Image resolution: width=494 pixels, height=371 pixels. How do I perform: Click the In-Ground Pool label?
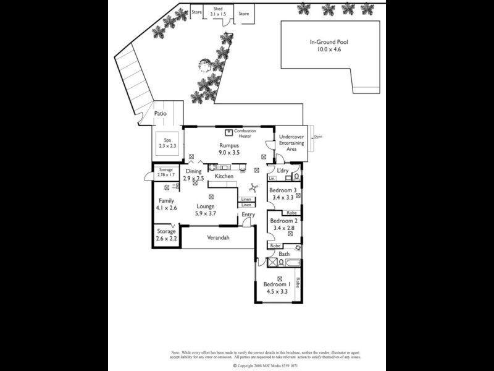pos(329,45)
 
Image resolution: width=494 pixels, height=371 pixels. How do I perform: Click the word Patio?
pos(161,114)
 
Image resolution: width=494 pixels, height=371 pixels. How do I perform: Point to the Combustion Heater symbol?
pos(228,132)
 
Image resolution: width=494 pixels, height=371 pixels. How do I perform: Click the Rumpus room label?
pos(228,148)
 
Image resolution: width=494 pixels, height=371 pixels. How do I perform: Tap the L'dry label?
pos(283,170)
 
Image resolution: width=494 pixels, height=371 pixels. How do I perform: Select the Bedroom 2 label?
pos(284,224)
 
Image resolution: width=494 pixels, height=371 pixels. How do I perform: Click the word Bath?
pos(284,254)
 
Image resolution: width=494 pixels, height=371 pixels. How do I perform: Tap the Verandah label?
pos(218,237)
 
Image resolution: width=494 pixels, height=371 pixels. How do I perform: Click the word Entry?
pos(248,215)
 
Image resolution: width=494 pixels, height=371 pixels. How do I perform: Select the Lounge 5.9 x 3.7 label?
pos(206,210)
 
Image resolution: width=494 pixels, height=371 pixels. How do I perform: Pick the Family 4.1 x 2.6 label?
pos(167,204)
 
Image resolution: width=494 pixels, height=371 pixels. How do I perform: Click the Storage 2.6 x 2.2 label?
pos(166,235)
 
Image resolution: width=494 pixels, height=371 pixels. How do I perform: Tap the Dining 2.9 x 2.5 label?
pos(193,175)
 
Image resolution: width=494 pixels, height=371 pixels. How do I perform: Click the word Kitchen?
pos(224,176)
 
